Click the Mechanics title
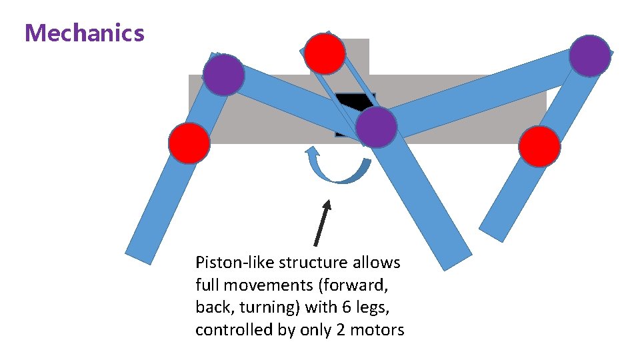[84, 33]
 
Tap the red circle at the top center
[325, 53]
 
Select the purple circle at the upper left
[223, 75]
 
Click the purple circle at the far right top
[590, 56]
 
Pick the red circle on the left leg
[189, 143]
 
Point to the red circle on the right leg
[539, 146]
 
